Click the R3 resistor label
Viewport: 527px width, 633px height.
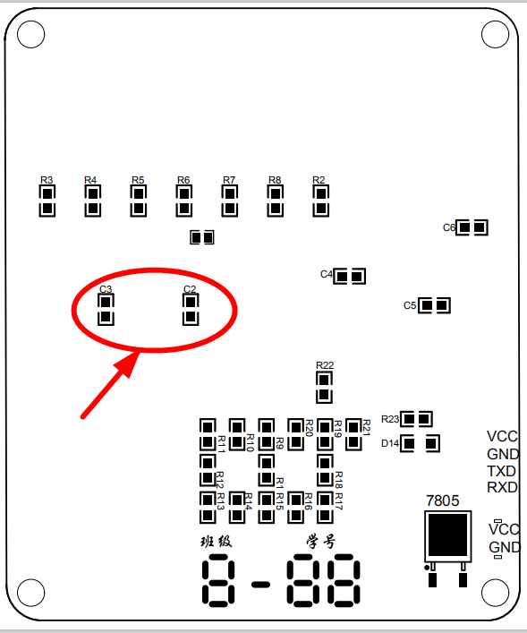[x=47, y=180]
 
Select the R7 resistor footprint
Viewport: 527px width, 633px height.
[x=230, y=201]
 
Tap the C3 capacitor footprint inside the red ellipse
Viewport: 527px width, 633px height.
[x=106, y=309]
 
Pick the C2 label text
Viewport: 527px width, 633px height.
[x=190, y=289]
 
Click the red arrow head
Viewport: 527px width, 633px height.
[x=128, y=363]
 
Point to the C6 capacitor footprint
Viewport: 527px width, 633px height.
[x=472, y=227]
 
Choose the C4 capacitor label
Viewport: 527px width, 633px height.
[x=326, y=274]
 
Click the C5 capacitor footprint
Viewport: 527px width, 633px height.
[x=434, y=305]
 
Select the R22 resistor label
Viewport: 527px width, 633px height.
[x=325, y=365]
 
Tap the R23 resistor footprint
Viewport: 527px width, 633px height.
[x=416, y=419]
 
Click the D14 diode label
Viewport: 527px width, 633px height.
[x=390, y=443]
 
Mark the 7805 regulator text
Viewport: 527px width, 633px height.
[x=443, y=500]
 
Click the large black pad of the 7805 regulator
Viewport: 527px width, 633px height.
[x=448, y=535]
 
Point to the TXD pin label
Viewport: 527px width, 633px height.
[x=502, y=471]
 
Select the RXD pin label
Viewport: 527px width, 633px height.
[x=502, y=487]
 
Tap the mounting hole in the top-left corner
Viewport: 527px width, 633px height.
[x=31, y=34]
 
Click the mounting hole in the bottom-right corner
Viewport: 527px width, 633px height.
[x=495, y=593]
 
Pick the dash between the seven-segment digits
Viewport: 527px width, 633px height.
[x=260, y=584]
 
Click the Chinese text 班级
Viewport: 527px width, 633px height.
[x=217, y=542]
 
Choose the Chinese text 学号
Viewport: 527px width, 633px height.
[x=321, y=542]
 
